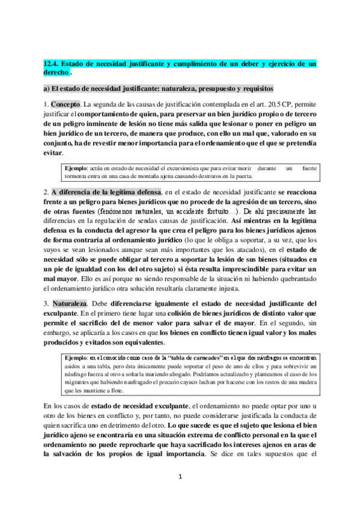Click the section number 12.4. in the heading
point(53,63)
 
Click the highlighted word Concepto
point(66,103)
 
